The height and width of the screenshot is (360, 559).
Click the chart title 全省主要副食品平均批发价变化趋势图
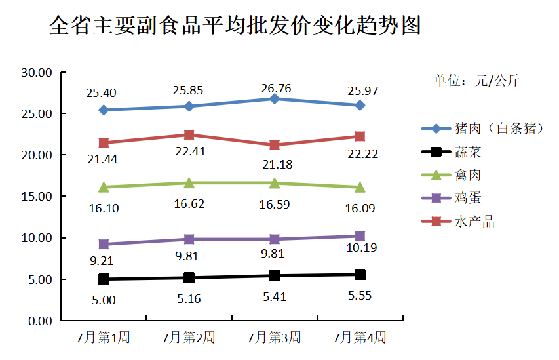235,26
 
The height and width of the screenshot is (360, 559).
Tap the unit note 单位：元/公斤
476,81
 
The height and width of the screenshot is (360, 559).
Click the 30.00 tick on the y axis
37,72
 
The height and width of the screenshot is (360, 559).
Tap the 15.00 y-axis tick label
37,197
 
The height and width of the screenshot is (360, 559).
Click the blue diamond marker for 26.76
275,98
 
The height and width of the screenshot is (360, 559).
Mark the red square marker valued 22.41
189,135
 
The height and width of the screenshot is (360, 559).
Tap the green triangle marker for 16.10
104,187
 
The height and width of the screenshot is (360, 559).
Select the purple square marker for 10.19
360,236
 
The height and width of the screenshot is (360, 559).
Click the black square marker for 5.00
104,279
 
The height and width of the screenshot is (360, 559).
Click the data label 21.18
275,164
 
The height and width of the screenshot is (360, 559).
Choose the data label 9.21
104,260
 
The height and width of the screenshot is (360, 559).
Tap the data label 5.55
360,295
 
